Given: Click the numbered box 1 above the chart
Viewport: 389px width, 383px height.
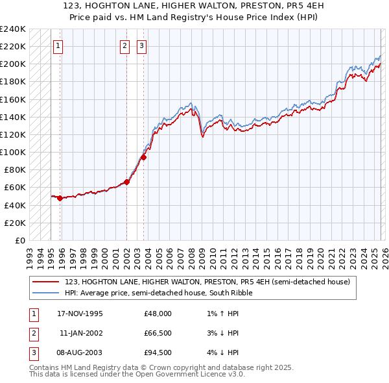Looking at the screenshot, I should point(58,45).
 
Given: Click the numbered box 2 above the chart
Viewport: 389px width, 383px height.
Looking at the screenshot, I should point(124,45).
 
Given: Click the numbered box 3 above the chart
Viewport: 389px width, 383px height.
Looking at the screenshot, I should point(141,45).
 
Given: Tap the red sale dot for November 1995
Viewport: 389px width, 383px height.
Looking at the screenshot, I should point(60,198).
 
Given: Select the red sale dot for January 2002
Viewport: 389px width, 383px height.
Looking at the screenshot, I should point(126,182).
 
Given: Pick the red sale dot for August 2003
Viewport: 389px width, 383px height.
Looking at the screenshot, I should point(144,157).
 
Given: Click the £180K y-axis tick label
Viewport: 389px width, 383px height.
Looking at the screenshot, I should point(13,82).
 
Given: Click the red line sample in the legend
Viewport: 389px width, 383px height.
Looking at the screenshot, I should point(46,282).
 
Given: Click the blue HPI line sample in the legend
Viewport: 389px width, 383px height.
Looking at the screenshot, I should point(46,293).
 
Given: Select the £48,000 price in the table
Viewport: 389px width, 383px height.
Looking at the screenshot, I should point(158,314).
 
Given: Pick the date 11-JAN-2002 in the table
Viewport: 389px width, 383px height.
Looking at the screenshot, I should point(81,333).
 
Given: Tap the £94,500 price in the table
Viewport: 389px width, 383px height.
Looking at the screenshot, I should point(158,352).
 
